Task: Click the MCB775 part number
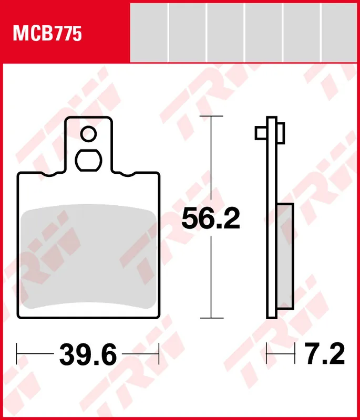point(47,34)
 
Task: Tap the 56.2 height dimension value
point(211,219)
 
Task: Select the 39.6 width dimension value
point(88,355)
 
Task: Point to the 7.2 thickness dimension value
point(325,354)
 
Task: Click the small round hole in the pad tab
point(88,134)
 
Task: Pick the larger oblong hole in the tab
point(88,160)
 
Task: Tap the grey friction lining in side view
point(285,256)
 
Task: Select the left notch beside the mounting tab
point(49,174)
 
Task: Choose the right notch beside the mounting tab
point(128,174)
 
